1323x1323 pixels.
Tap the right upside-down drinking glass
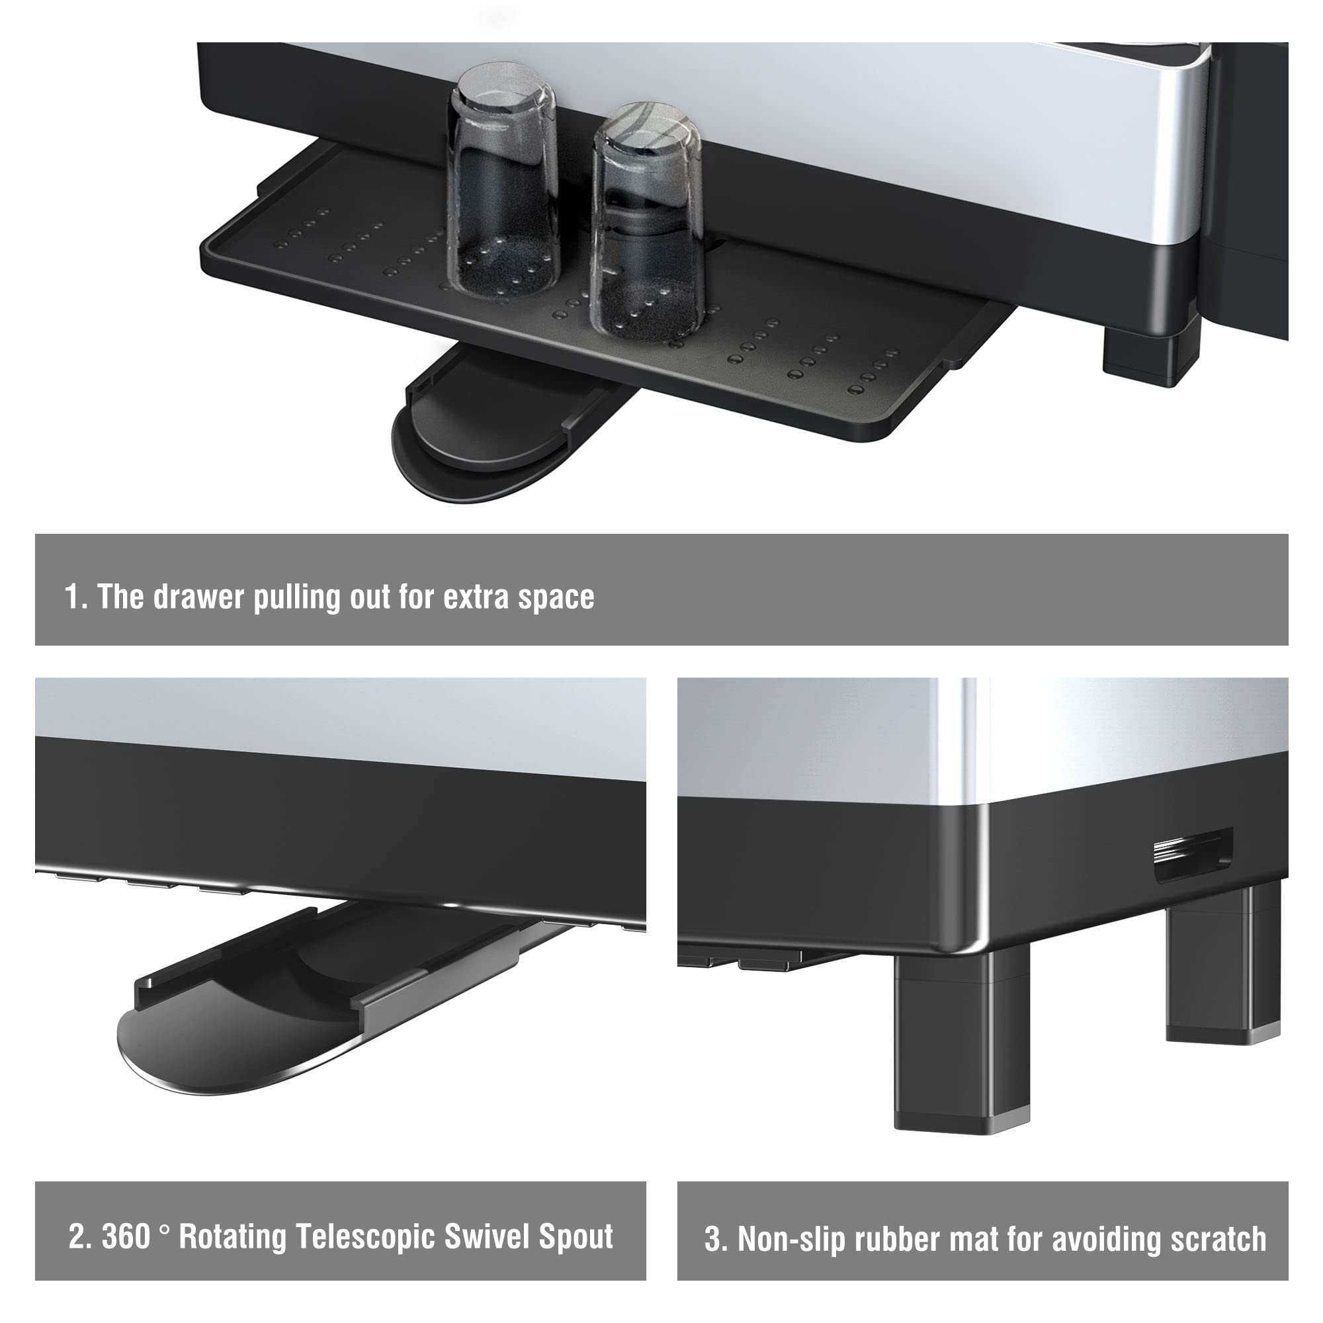[x=646, y=222]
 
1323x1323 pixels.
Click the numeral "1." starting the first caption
[x=75, y=597]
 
